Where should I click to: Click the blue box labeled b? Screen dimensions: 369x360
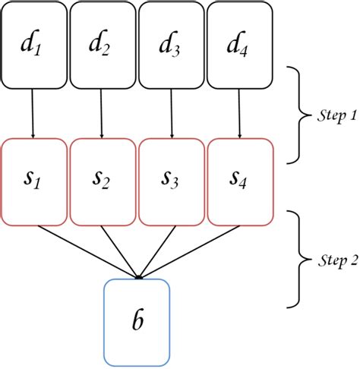[x=137, y=320]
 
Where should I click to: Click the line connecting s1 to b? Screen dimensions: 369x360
[x=84, y=251]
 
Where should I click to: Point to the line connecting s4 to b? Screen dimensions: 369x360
[x=190, y=251]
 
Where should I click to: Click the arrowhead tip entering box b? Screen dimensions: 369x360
[x=137, y=277]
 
